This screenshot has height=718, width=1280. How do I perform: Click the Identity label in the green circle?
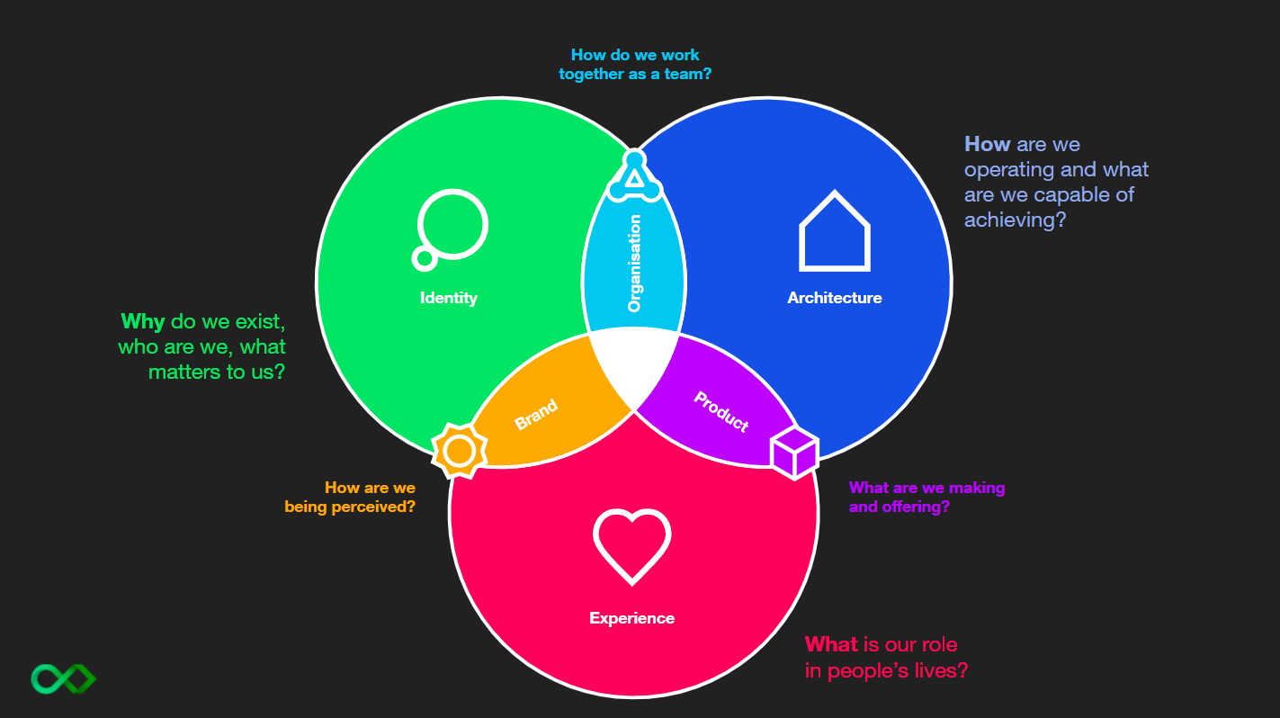tap(448, 298)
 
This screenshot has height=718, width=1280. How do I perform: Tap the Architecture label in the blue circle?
tap(834, 298)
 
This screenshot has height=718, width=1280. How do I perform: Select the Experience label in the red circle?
tap(631, 618)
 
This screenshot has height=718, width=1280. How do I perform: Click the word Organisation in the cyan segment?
tap(635, 264)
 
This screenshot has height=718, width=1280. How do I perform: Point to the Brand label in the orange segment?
tap(536, 415)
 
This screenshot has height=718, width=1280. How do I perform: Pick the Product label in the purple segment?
tap(721, 411)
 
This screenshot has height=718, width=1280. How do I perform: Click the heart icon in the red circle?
tap(631, 544)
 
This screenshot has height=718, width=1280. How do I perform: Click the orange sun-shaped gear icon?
tap(460, 450)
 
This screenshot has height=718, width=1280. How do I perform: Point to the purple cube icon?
tap(794, 452)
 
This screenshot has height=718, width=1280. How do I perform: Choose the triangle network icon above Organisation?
tap(634, 176)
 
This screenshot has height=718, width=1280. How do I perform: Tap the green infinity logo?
tap(63, 678)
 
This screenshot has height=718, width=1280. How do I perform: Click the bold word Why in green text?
tap(142, 321)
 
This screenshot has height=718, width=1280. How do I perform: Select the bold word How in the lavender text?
tap(987, 144)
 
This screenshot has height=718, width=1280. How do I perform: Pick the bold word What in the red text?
tap(830, 644)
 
